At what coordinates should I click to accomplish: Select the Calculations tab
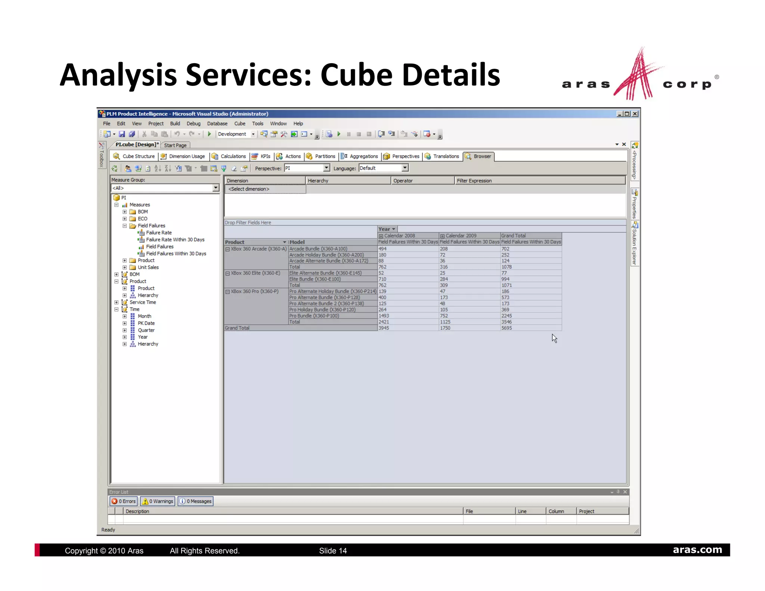232,156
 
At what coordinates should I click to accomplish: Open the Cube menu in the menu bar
240,124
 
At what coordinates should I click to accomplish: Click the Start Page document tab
175,145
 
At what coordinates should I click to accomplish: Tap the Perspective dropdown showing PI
307,168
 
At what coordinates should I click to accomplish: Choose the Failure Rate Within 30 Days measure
175,239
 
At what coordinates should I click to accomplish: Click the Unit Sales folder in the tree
148,267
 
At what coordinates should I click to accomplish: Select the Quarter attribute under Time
146,330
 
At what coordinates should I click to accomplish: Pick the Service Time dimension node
143,302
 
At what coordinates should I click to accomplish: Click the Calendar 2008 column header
399,236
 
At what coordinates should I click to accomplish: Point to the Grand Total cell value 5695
507,328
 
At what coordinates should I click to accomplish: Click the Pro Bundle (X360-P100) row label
314,316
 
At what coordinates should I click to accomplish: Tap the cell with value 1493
384,316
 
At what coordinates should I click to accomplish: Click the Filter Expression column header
474,181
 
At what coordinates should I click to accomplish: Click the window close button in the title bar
635,114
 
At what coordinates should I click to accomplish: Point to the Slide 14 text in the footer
333,551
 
